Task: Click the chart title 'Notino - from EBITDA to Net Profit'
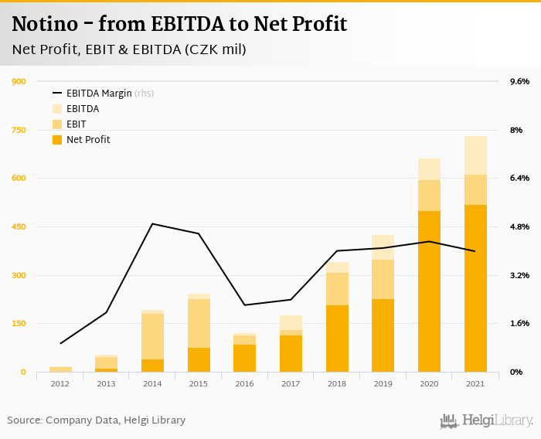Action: click(179, 24)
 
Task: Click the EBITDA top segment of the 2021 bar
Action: click(475, 155)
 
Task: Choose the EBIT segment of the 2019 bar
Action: click(383, 279)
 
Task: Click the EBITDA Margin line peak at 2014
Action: click(152, 224)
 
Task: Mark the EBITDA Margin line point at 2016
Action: click(244, 305)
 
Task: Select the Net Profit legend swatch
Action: click(57, 140)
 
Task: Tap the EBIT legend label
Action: click(77, 124)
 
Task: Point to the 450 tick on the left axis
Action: click(19, 227)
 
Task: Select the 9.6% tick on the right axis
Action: click(519, 82)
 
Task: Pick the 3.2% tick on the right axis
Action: click(519, 276)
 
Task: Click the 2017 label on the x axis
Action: click(291, 383)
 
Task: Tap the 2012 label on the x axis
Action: click(60, 383)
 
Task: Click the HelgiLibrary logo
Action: click(487, 421)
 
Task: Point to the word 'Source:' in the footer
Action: click(25, 420)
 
